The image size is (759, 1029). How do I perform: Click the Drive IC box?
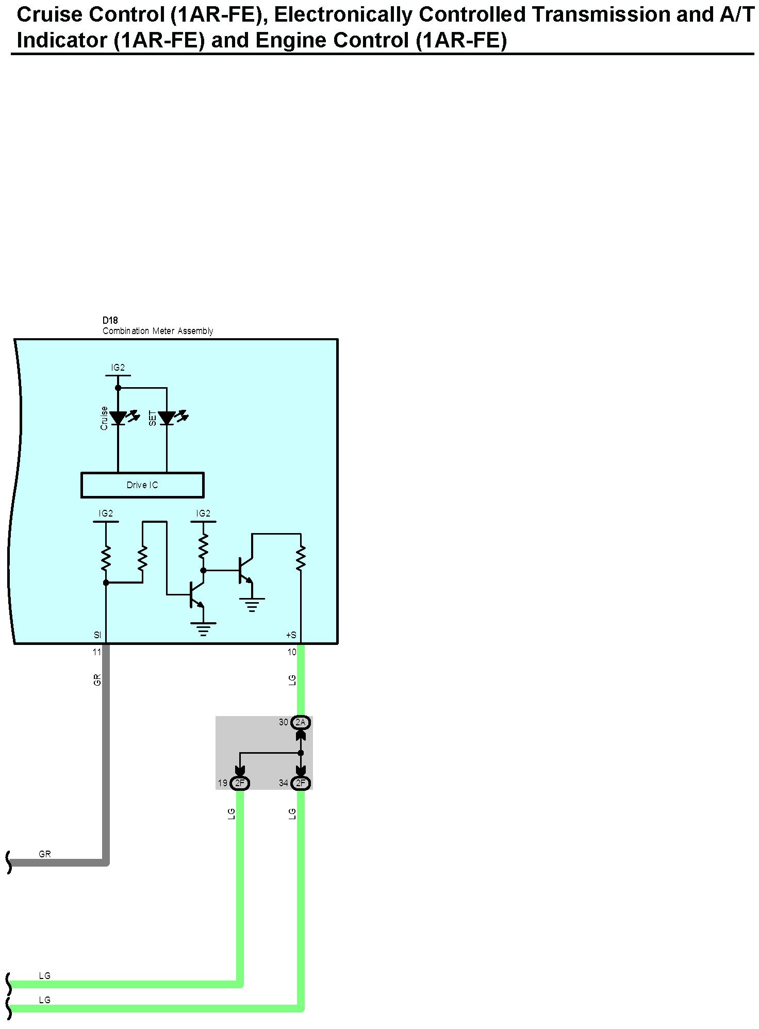(142, 485)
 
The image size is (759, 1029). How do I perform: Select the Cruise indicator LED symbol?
(118, 418)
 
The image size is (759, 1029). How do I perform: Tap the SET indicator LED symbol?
(167, 418)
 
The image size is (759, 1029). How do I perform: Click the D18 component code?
(110, 321)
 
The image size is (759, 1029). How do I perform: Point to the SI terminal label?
(97, 635)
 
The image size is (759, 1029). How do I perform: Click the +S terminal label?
(291, 635)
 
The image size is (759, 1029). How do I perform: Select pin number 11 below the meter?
(97, 652)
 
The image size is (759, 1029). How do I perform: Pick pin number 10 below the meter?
(292, 652)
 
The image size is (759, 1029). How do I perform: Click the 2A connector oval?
(301, 722)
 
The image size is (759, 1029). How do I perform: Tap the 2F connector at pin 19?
(240, 783)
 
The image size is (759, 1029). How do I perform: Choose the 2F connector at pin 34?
(301, 783)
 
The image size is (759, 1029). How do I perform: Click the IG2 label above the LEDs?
(118, 368)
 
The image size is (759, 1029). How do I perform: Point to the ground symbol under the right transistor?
(252, 604)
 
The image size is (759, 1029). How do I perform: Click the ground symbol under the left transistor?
(203, 629)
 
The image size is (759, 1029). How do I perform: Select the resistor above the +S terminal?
(301, 558)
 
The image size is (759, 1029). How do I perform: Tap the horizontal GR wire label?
(45, 854)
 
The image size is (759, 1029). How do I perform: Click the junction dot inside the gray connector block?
(301, 753)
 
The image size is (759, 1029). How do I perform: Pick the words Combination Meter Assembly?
(158, 331)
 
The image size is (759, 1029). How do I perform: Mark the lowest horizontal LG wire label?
(45, 1000)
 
